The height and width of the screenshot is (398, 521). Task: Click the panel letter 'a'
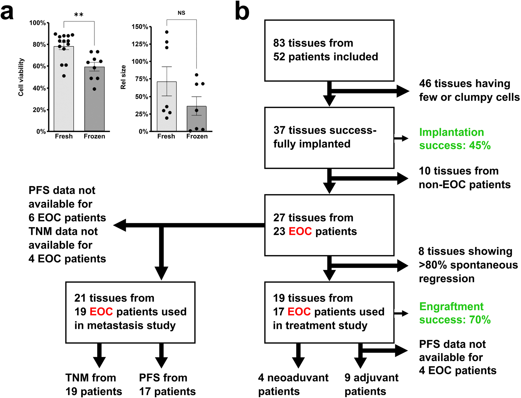coord(7,12)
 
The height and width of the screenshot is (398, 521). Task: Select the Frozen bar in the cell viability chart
coord(94,104)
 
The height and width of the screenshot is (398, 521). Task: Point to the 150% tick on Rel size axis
coord(140,27)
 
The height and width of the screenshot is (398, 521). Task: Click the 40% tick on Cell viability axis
coord(39,88)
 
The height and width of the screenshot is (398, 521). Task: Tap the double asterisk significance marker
coord(79,15)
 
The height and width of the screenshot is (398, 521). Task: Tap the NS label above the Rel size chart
coord(181,13)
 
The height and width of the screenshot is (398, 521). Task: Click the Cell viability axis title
coord(21,77)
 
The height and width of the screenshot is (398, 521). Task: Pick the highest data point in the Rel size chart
coord(167,32)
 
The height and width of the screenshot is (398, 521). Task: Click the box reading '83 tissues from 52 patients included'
coord(329,50)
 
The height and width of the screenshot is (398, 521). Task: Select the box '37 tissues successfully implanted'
coord(329,138)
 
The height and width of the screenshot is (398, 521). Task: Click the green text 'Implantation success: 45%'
coord(455,139)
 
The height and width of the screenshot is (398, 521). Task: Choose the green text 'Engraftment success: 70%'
coord(455,313)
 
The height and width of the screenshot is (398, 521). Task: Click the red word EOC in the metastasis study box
coord(101,312)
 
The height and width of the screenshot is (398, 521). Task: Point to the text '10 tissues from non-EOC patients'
coord(464,178)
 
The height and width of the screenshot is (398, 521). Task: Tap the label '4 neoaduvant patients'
coord(293,384)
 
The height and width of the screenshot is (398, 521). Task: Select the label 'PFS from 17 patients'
coord(167,384)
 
